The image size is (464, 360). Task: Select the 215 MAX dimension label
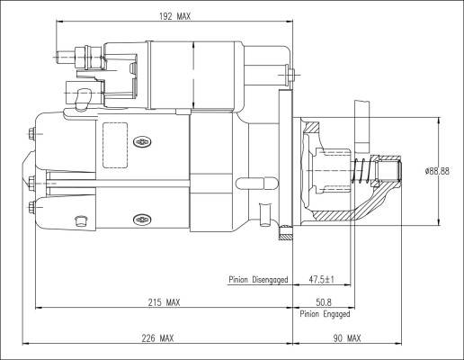pyautogui.click(x=163, y=302)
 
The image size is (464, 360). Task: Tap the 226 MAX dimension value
pyautogui.click(x=156, y=338)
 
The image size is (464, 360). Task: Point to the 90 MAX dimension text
pyautogui.click(x=345, y=338)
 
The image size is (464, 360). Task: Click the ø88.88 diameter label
pyautogui.click(x=437, y=170)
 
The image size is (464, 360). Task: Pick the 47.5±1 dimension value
pyautogui.click(x=320, y=280)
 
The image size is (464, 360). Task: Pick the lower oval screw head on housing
pyautogui.click(x=140, y=218)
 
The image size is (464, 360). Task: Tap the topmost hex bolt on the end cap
pyautogui.click(x=32, y=136)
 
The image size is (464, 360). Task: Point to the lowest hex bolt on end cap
pyautogui.click(x=32, y=208)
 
